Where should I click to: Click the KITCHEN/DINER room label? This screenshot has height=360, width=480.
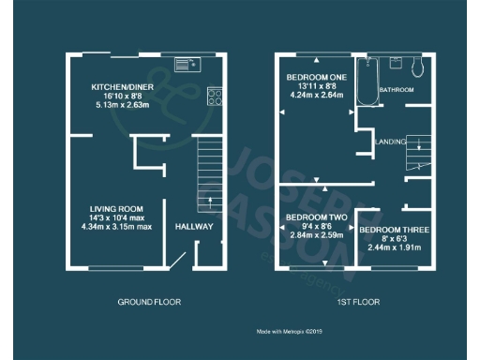pos(115,86)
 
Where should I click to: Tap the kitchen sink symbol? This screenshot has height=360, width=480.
pos(187,65)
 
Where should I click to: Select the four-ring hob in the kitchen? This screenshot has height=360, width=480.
pos(213,95)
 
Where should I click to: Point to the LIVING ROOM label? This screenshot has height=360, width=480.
pos(115,208)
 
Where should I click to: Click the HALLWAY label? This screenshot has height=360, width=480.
pos(194,227)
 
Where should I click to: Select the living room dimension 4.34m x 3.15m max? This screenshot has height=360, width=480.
pos(115,227)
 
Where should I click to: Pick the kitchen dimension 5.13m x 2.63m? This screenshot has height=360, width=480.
pos(115,105)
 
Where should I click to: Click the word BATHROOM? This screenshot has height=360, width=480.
pos(396,90)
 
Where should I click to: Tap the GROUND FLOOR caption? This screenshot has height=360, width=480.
pos(149,302)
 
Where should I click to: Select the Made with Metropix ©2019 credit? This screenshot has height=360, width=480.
pos(291,331)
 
